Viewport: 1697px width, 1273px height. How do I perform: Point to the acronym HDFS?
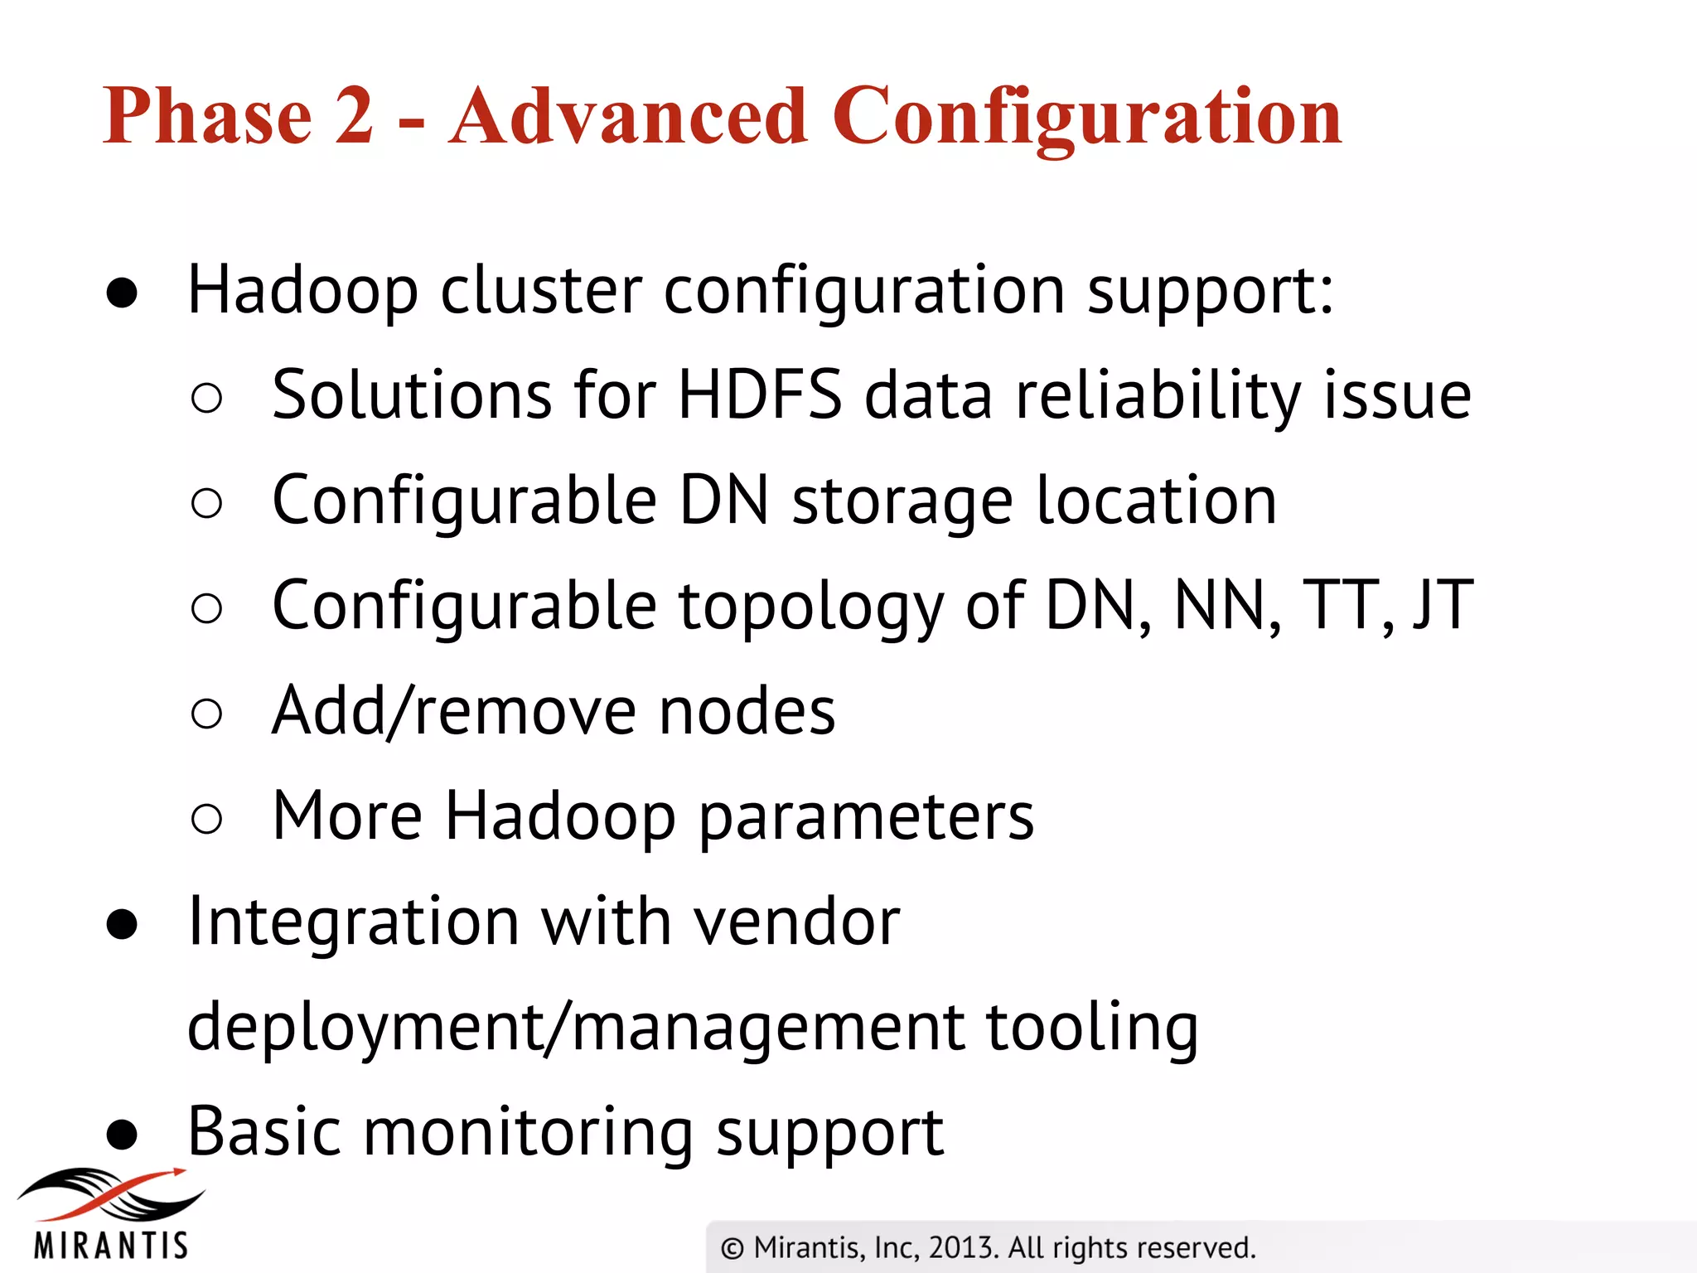[760, 395]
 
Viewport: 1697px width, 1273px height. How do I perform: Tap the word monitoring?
[528, 1134]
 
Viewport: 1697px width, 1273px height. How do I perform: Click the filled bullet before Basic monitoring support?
[123, 1135]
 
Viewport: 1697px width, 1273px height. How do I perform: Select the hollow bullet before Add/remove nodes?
[206, 714]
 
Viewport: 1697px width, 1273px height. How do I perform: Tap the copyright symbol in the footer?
[732, 1248]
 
